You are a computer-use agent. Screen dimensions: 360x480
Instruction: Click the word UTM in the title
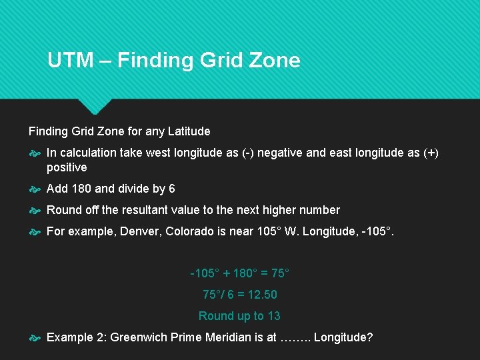(70, 61)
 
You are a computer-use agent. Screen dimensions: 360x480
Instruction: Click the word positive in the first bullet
(67, 167)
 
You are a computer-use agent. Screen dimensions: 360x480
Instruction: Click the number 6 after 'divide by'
(171, 189)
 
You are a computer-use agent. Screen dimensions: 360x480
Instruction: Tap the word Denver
(139, 231)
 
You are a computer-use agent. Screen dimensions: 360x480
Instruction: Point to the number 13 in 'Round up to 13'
(273, 316)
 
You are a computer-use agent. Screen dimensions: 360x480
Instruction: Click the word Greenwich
(139, 337)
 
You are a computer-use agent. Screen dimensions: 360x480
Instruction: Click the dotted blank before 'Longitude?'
(295, 338)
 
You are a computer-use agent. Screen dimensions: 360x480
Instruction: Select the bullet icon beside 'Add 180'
(35, 189)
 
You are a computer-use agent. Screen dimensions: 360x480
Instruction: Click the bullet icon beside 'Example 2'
(35, 338)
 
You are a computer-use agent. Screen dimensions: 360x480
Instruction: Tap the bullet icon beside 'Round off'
(35, 211)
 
